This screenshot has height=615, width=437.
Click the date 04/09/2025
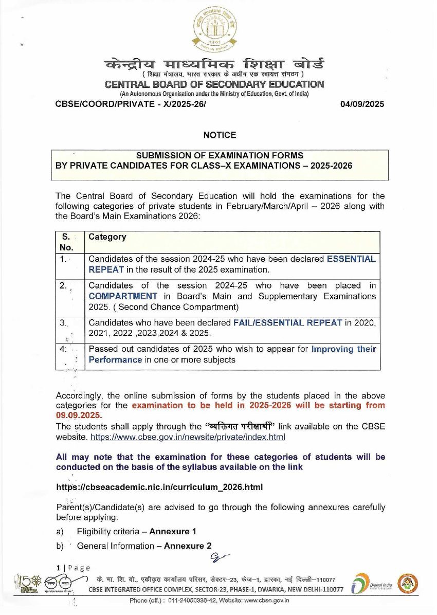[x=362, y=104]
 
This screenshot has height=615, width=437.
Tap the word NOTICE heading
[x=220, y=135]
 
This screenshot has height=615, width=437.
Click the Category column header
[x=107, y=237]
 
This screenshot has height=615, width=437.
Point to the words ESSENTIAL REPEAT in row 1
[x=351, y=259]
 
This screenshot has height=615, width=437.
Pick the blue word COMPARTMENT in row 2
[x=123, y=296]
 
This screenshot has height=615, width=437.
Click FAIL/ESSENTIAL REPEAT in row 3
[x=287, y=323]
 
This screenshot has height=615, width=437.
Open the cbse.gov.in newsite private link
[x=188, y=437]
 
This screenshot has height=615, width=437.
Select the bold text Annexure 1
[x=173, y=531]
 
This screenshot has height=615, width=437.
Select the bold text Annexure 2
[x=188, y=546]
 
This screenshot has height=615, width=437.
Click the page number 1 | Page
[x=73, y=568]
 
